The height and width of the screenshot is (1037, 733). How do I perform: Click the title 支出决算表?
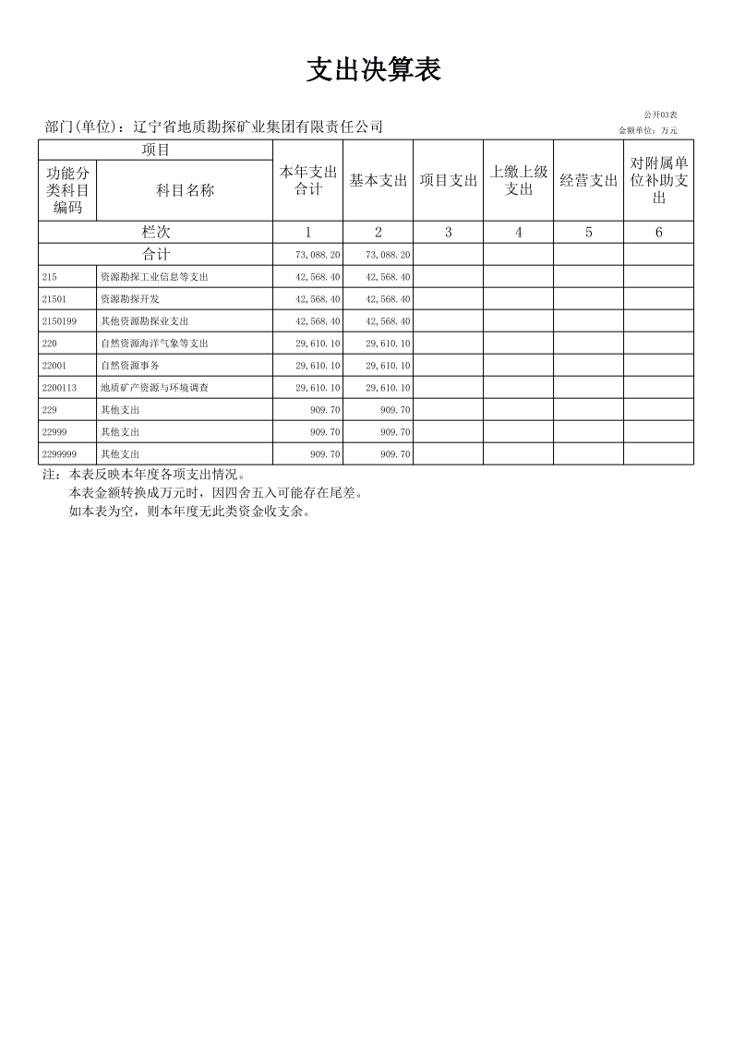click(x=374, y=70)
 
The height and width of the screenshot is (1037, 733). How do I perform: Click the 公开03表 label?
click(x=661, y=115)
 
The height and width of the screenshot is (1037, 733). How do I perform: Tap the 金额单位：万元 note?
click(x=648, y=130)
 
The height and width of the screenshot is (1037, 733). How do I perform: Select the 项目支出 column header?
click(x=449, y=181)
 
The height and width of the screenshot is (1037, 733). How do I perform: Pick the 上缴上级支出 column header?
click(x=519, y=181)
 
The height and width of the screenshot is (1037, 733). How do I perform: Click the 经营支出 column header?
click(x=589, y=181)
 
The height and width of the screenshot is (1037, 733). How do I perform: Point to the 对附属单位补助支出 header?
click(x=659, y=180)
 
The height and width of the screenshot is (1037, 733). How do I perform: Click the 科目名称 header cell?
click(x=185, y=190)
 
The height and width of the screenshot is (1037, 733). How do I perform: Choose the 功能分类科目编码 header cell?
click(x=67, y=190)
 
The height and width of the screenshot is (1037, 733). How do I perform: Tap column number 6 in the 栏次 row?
click(x=659, y=233)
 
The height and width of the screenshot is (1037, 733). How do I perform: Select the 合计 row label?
click(x=155, y=254)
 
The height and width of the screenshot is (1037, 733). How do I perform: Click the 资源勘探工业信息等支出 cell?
click(x=154, y=277)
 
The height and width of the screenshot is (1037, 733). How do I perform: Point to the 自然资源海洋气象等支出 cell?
click(x=154, y=344)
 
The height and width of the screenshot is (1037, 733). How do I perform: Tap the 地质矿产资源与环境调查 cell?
click(x=154, y=388)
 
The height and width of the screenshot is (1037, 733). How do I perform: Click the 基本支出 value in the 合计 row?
click(x=389, y=255)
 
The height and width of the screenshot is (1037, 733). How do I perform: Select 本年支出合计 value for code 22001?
click(x=318, y=366)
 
